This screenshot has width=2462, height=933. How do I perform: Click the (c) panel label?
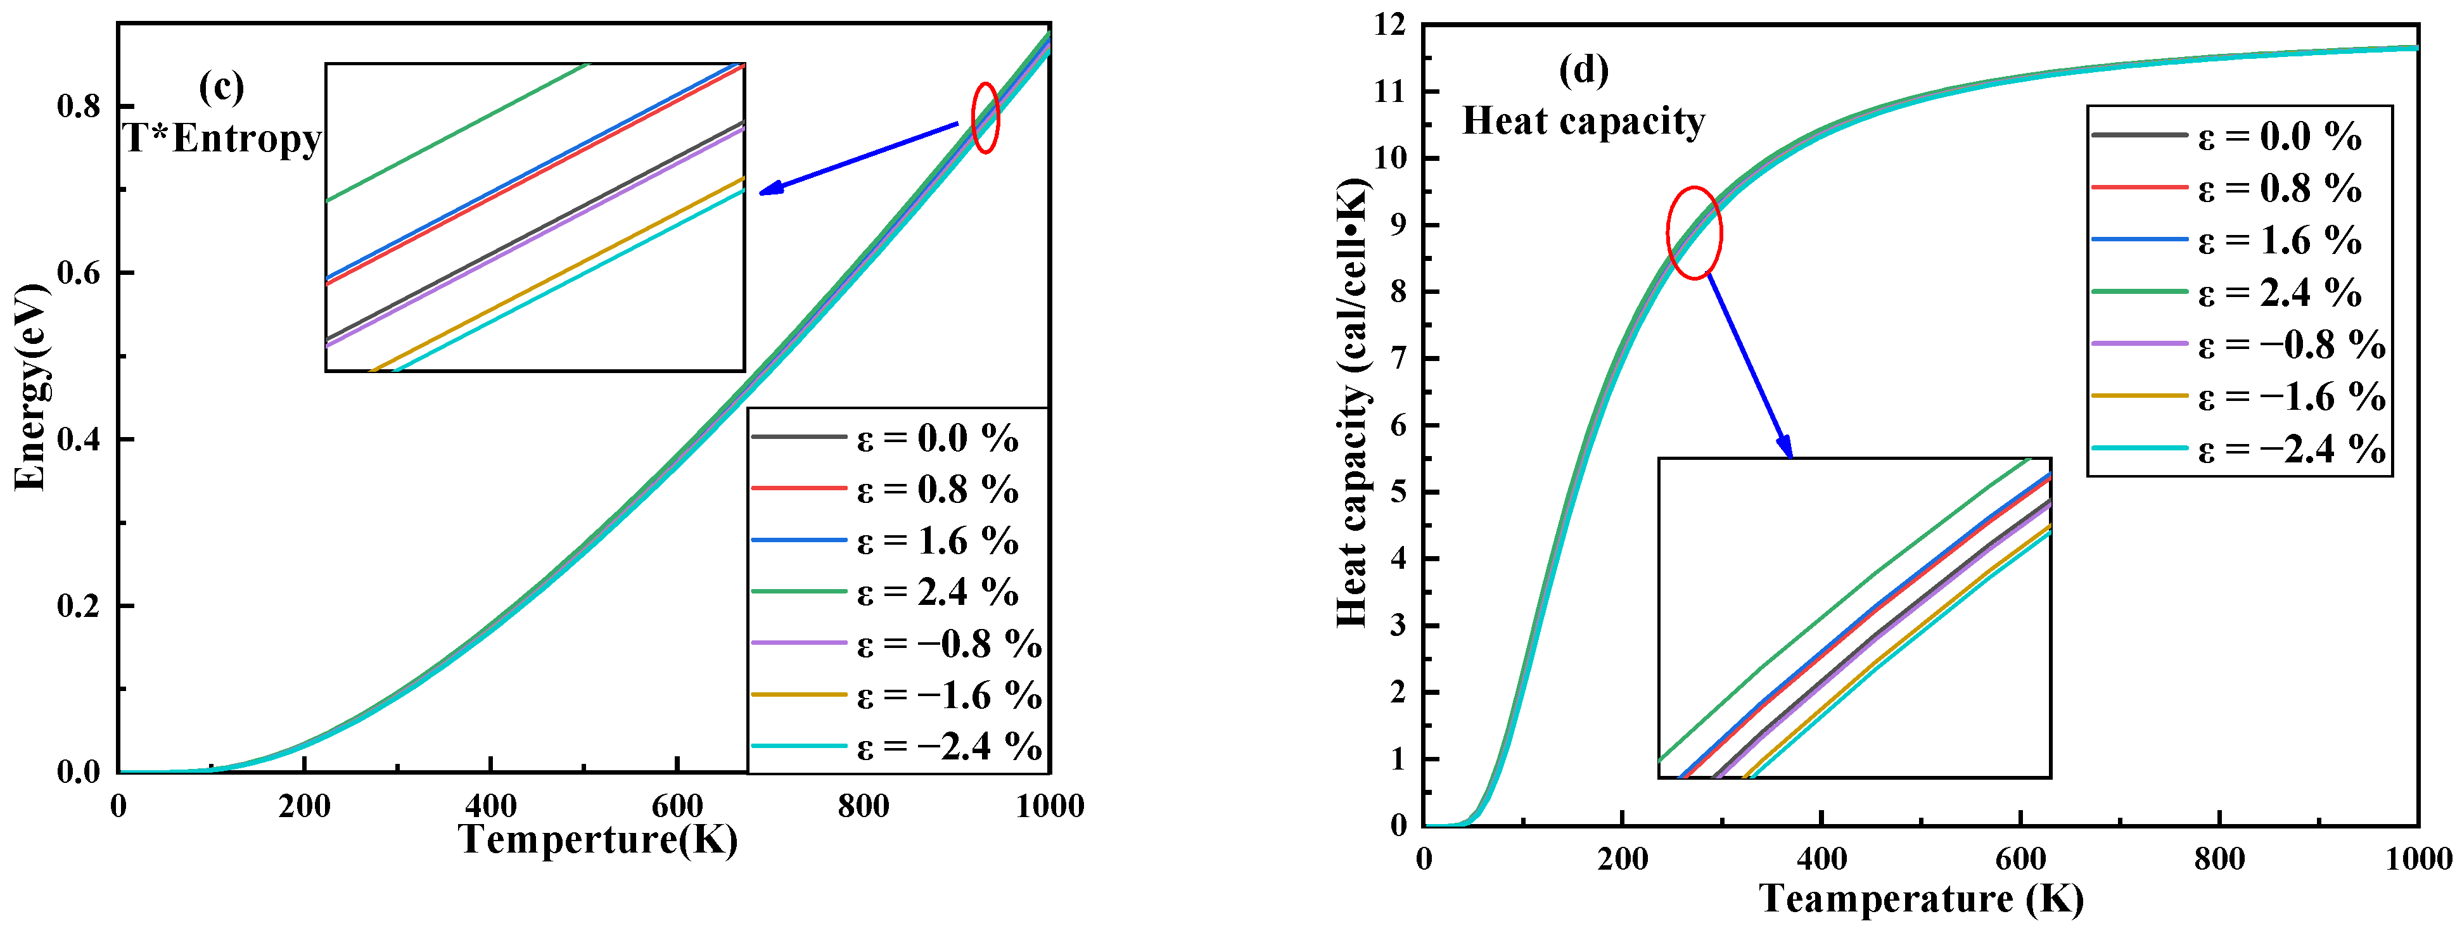click(x=222, y=88)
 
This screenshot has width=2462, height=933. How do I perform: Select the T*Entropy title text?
click(x=222, y=139)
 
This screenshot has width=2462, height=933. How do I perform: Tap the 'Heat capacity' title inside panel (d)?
click(x=1584, y=122)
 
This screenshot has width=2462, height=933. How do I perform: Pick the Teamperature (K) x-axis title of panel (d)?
click(x=1921, y=899)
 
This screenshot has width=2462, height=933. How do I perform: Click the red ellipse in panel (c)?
click(x=985, y=118)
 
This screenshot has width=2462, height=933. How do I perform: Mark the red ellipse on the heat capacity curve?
click(x=1695, y=232)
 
